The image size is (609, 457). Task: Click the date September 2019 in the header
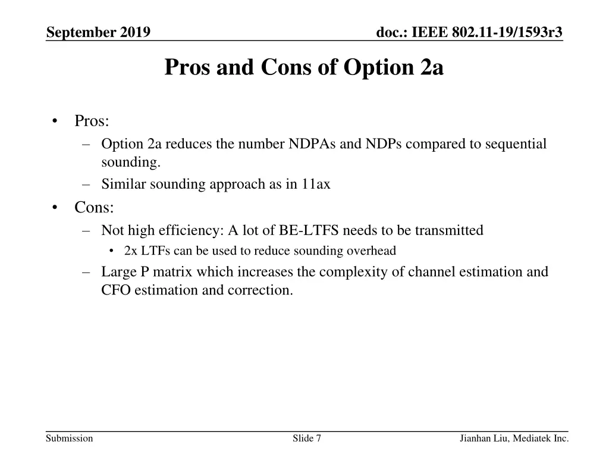(98, 32)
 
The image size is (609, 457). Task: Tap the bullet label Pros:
(92, 121)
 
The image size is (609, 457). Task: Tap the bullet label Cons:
(94, 207)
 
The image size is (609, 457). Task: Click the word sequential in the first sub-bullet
(516, 144)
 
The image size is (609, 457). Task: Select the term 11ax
(315, 184)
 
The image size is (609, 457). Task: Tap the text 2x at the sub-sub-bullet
(131, 251)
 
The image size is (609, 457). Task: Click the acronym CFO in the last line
(115, 291)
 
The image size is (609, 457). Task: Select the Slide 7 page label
(307, 439)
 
